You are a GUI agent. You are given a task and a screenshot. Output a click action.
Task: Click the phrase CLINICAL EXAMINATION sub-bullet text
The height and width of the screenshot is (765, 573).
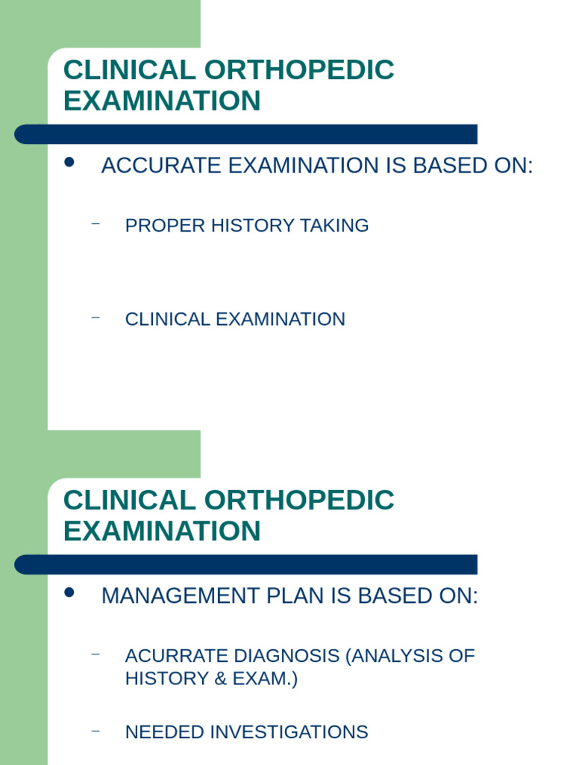click(235, 319)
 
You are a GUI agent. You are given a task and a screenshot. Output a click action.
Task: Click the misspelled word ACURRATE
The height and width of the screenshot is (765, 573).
click(177, 656)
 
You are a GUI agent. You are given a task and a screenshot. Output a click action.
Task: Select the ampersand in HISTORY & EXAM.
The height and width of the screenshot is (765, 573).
click(212, 679)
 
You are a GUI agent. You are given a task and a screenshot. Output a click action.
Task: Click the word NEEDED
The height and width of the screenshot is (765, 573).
click(164, 732)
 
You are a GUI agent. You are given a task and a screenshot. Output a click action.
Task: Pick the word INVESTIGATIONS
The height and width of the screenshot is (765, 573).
click(289, 732)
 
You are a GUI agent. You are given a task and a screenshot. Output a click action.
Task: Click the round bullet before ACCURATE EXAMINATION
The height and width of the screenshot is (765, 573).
click(70, 162)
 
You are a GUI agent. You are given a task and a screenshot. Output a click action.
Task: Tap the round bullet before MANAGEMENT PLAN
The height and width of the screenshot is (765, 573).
click(70, 592)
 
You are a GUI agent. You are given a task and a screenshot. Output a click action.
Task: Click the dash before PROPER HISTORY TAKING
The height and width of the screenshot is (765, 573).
click(95, 223)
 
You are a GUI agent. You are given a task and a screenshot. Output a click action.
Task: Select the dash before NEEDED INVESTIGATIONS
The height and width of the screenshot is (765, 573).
click(95, 730)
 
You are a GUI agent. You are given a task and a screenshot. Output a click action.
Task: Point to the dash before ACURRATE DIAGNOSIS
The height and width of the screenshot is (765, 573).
click(95, 654)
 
